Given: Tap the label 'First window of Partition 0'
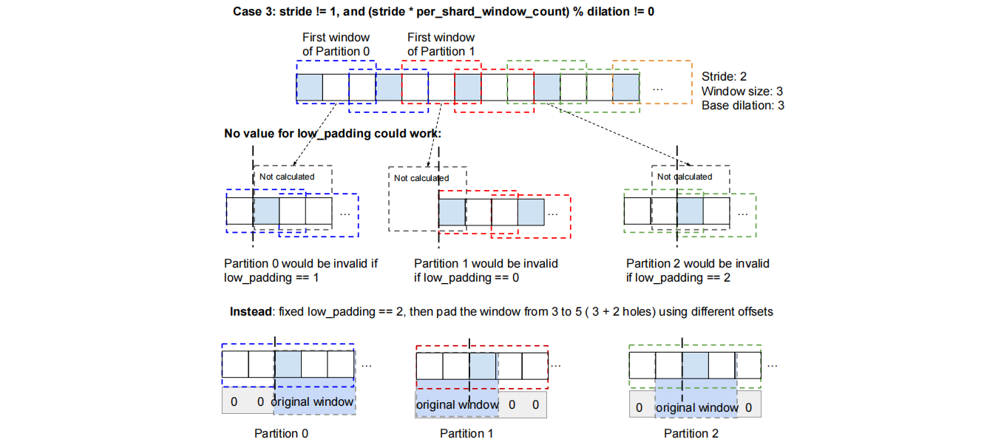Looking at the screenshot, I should pos(336,44).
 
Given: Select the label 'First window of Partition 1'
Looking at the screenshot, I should pos(441,44).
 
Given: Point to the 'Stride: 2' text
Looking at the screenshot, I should pos(725,76).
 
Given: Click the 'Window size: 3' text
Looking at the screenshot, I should pos(742,91).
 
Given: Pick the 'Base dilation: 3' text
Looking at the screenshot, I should pos(743,106).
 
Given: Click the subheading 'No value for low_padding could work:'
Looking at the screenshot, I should pos(333,134).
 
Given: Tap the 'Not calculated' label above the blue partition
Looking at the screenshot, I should pos(287,177).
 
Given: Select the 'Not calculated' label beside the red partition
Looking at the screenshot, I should pos(421,178).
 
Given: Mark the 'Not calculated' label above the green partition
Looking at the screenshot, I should pos(685,177).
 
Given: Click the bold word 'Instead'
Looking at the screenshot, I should pos(251,311).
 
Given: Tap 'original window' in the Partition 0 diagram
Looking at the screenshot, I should pos(312,402).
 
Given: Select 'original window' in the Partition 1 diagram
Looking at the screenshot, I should pos(457,405).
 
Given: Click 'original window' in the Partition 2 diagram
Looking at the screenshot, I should pos(697,407).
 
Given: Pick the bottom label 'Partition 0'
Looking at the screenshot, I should pos(281,433).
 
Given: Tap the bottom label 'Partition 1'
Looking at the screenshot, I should pos(467,433).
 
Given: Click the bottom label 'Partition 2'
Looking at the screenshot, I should pos(691,433).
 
